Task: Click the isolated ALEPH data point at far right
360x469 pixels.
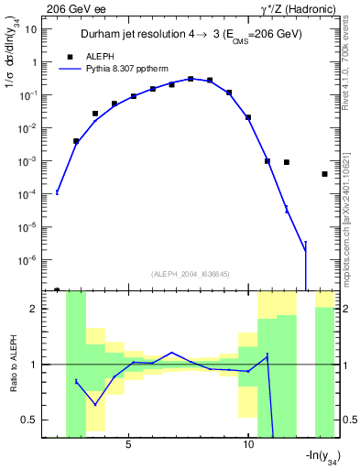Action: click(324, 174)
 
